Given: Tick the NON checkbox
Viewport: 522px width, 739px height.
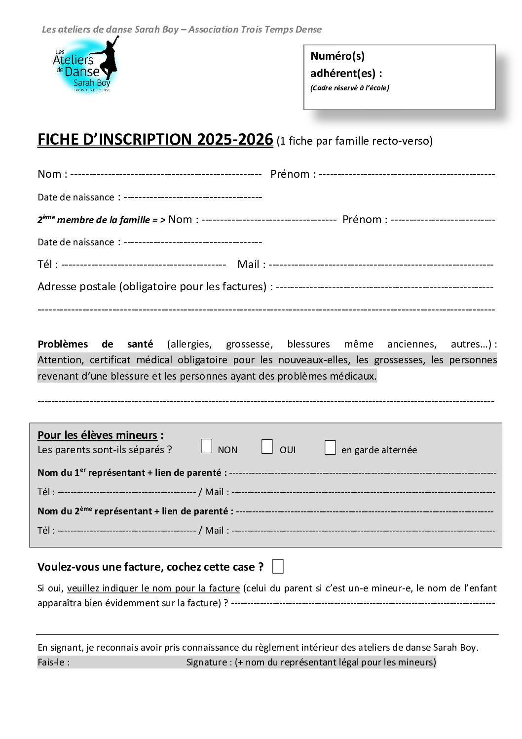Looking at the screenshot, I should (207, 446).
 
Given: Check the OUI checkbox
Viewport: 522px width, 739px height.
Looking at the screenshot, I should (267, 446).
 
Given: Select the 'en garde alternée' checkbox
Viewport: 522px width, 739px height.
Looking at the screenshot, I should (330, 447).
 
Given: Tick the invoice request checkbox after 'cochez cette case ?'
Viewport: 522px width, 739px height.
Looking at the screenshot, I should (278, 566).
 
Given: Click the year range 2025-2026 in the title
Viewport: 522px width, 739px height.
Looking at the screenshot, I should (235, 140).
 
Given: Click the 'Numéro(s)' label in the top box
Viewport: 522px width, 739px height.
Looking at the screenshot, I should (337, 56).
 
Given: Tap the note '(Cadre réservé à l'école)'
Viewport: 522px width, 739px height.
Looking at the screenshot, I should (349, 88).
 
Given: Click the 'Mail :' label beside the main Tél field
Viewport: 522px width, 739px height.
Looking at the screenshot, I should (251, 265).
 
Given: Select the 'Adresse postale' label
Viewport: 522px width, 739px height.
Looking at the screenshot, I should (76, 287).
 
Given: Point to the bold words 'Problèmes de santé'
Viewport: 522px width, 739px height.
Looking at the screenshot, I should (95, 344).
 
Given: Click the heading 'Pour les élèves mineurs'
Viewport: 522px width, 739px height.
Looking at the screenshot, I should (97, 435).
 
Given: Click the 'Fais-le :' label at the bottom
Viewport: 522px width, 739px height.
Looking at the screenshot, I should (53, 662).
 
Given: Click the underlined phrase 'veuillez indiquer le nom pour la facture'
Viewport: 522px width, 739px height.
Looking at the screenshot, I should (153, 588).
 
